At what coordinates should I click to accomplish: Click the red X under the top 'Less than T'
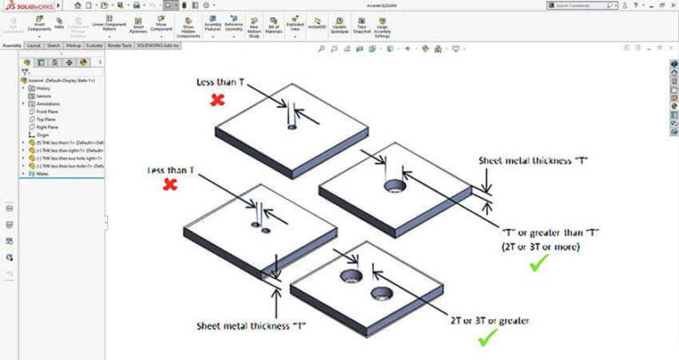tap(217, 101)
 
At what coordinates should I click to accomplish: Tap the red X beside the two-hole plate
tap(171, 185)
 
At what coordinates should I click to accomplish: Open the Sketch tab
tap(53, 45)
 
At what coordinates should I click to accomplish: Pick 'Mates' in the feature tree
tap(42, 173)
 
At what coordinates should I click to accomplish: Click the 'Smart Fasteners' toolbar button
tap(138, 24)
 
